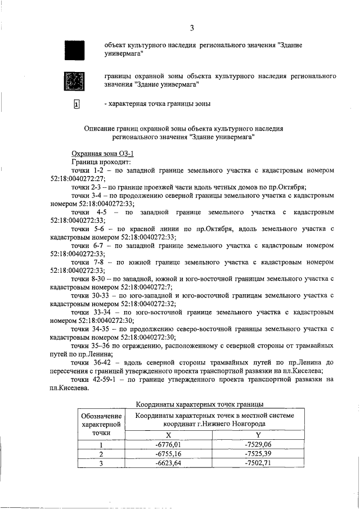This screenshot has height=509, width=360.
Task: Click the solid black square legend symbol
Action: tap(75, 49)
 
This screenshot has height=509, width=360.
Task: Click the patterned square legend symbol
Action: tap(75, 81)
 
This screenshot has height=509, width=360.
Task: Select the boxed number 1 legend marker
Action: tap(76, 104)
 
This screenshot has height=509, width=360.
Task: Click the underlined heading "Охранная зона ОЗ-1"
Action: tap(102, 154)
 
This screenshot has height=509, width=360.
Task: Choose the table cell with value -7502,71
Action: tap(258, 463)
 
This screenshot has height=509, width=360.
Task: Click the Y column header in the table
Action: tap(258, 434)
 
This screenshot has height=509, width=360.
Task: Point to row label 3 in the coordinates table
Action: tap(102, 463)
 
